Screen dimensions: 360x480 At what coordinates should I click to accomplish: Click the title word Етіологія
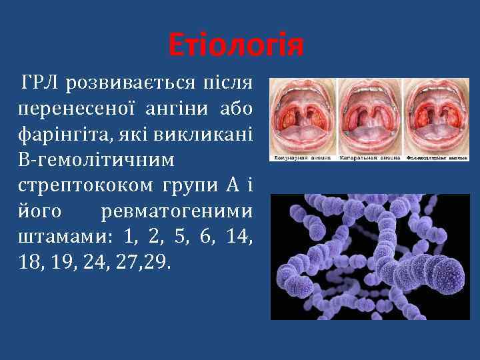tap(236, 46)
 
